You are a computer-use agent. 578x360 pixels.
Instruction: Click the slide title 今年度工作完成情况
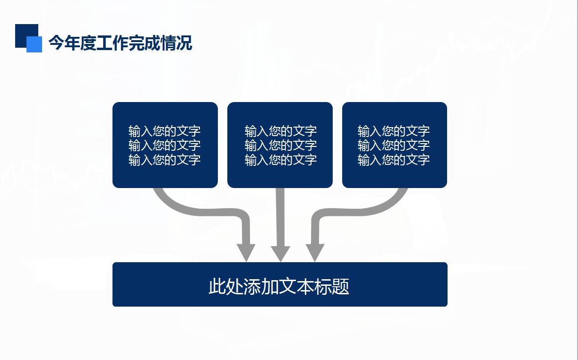coord(120,43)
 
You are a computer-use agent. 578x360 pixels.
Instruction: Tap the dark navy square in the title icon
coord(26,36)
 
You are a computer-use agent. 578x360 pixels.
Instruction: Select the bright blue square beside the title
coord(35,44)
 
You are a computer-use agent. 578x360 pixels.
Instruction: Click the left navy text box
coord(165,145)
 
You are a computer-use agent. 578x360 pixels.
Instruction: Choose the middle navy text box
coord(280,145)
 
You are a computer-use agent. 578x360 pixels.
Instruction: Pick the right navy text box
coord(395,145)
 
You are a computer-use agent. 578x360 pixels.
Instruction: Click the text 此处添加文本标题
coord(279,286)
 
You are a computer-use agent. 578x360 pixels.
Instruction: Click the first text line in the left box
coord(164,131)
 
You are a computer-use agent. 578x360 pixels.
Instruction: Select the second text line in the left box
coord(164,145)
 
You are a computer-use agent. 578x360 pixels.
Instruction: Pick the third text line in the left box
coord(164,160)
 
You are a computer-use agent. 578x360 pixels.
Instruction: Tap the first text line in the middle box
coord(281,131)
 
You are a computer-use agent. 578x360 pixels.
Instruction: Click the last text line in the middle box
coord(281,160)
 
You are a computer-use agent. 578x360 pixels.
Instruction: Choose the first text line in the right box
coord(394,131)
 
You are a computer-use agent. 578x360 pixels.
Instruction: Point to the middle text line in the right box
coord(394,145)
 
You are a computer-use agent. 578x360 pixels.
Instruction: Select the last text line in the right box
coord(394,160)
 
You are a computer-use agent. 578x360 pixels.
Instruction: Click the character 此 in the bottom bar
coord(217,286)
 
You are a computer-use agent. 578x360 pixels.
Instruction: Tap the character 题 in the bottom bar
coord(341,286)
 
